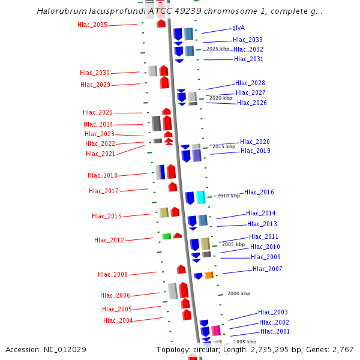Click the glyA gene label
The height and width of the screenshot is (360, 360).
tap(238, 28)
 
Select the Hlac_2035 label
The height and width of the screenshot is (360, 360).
tap(92, 25)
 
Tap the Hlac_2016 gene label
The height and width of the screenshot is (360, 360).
tap(259, 193)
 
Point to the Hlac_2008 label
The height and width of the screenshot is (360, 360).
tap(113, 275)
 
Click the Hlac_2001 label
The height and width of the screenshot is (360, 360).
tap(275, 332)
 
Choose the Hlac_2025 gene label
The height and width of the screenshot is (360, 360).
tap(98, 113)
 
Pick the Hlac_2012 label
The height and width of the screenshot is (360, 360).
tap(109, 241)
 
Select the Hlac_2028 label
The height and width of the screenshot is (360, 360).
tap(250, 83)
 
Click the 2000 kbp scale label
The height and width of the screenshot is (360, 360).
tap(238, 294)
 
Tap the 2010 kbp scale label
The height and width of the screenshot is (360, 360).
tap(228, 196)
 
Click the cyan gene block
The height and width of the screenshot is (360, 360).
tap(200, 197)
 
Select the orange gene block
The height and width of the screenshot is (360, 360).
tap(209, 275)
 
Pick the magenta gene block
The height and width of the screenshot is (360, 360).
tap(216, 331)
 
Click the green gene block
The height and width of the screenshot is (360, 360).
tap(166, 236)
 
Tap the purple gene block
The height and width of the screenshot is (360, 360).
tap(197, 155)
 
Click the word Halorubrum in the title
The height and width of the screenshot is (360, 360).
tap(59, 11)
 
